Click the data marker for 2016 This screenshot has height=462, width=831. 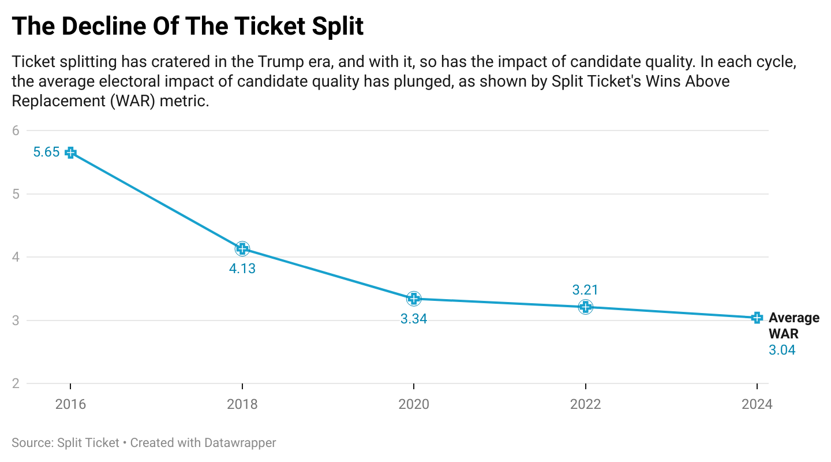point(70,152)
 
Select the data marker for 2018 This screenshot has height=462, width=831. point(242,249)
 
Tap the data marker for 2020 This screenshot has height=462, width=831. point(414,299)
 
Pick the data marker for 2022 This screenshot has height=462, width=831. point(586,307)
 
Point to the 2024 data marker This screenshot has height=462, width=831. point(757,318)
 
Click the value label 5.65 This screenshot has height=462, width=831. point(47,152)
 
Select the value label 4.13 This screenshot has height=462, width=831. point(242,269)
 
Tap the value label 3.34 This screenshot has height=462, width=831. point(414,319)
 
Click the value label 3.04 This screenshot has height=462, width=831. point(782,350)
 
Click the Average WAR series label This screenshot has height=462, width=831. point(793,326)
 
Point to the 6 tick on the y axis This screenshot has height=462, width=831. point(16,131)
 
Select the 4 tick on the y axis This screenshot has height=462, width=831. point(16,257)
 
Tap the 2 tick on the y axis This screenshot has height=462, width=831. point(16,383)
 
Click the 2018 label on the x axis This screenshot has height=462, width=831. point(242,404)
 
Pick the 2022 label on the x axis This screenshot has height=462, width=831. point(586,404)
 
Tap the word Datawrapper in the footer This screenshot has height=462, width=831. point(239,443)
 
